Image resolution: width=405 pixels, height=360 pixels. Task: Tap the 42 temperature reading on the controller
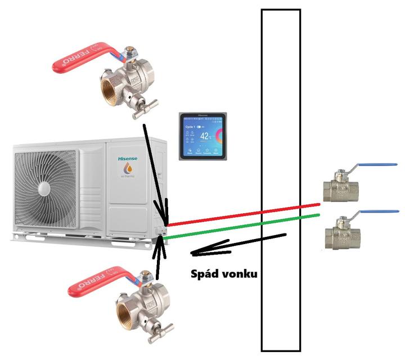(x=205, y=136)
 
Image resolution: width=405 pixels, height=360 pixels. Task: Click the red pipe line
(x=242, y=214)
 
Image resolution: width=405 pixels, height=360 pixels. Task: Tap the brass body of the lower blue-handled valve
(x=340, y=233)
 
